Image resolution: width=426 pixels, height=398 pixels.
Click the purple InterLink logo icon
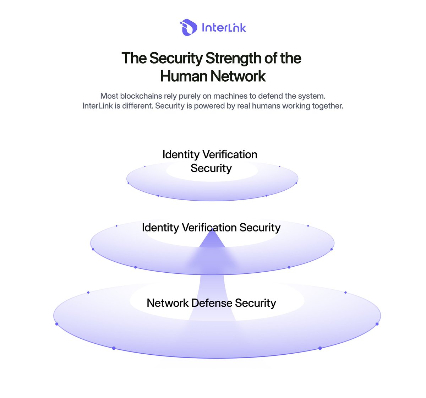(189, 27)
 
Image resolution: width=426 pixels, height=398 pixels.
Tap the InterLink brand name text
(224, 28)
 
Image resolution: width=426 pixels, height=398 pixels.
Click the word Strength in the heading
(234, 58)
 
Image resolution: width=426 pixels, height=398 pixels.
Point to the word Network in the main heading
(238, 76)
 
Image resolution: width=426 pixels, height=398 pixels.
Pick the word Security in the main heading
(176, 58)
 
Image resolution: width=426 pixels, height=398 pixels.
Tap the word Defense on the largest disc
(212, 303)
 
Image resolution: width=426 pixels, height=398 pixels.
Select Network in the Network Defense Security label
(168, 303)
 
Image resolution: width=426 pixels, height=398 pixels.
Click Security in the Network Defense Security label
(256, 303)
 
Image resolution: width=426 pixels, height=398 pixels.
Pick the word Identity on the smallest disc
(181, 155)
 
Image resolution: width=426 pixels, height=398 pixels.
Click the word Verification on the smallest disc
(230, 154)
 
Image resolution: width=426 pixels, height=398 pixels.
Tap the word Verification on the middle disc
(209, 228)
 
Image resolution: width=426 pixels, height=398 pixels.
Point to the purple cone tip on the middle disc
(212, 229)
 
